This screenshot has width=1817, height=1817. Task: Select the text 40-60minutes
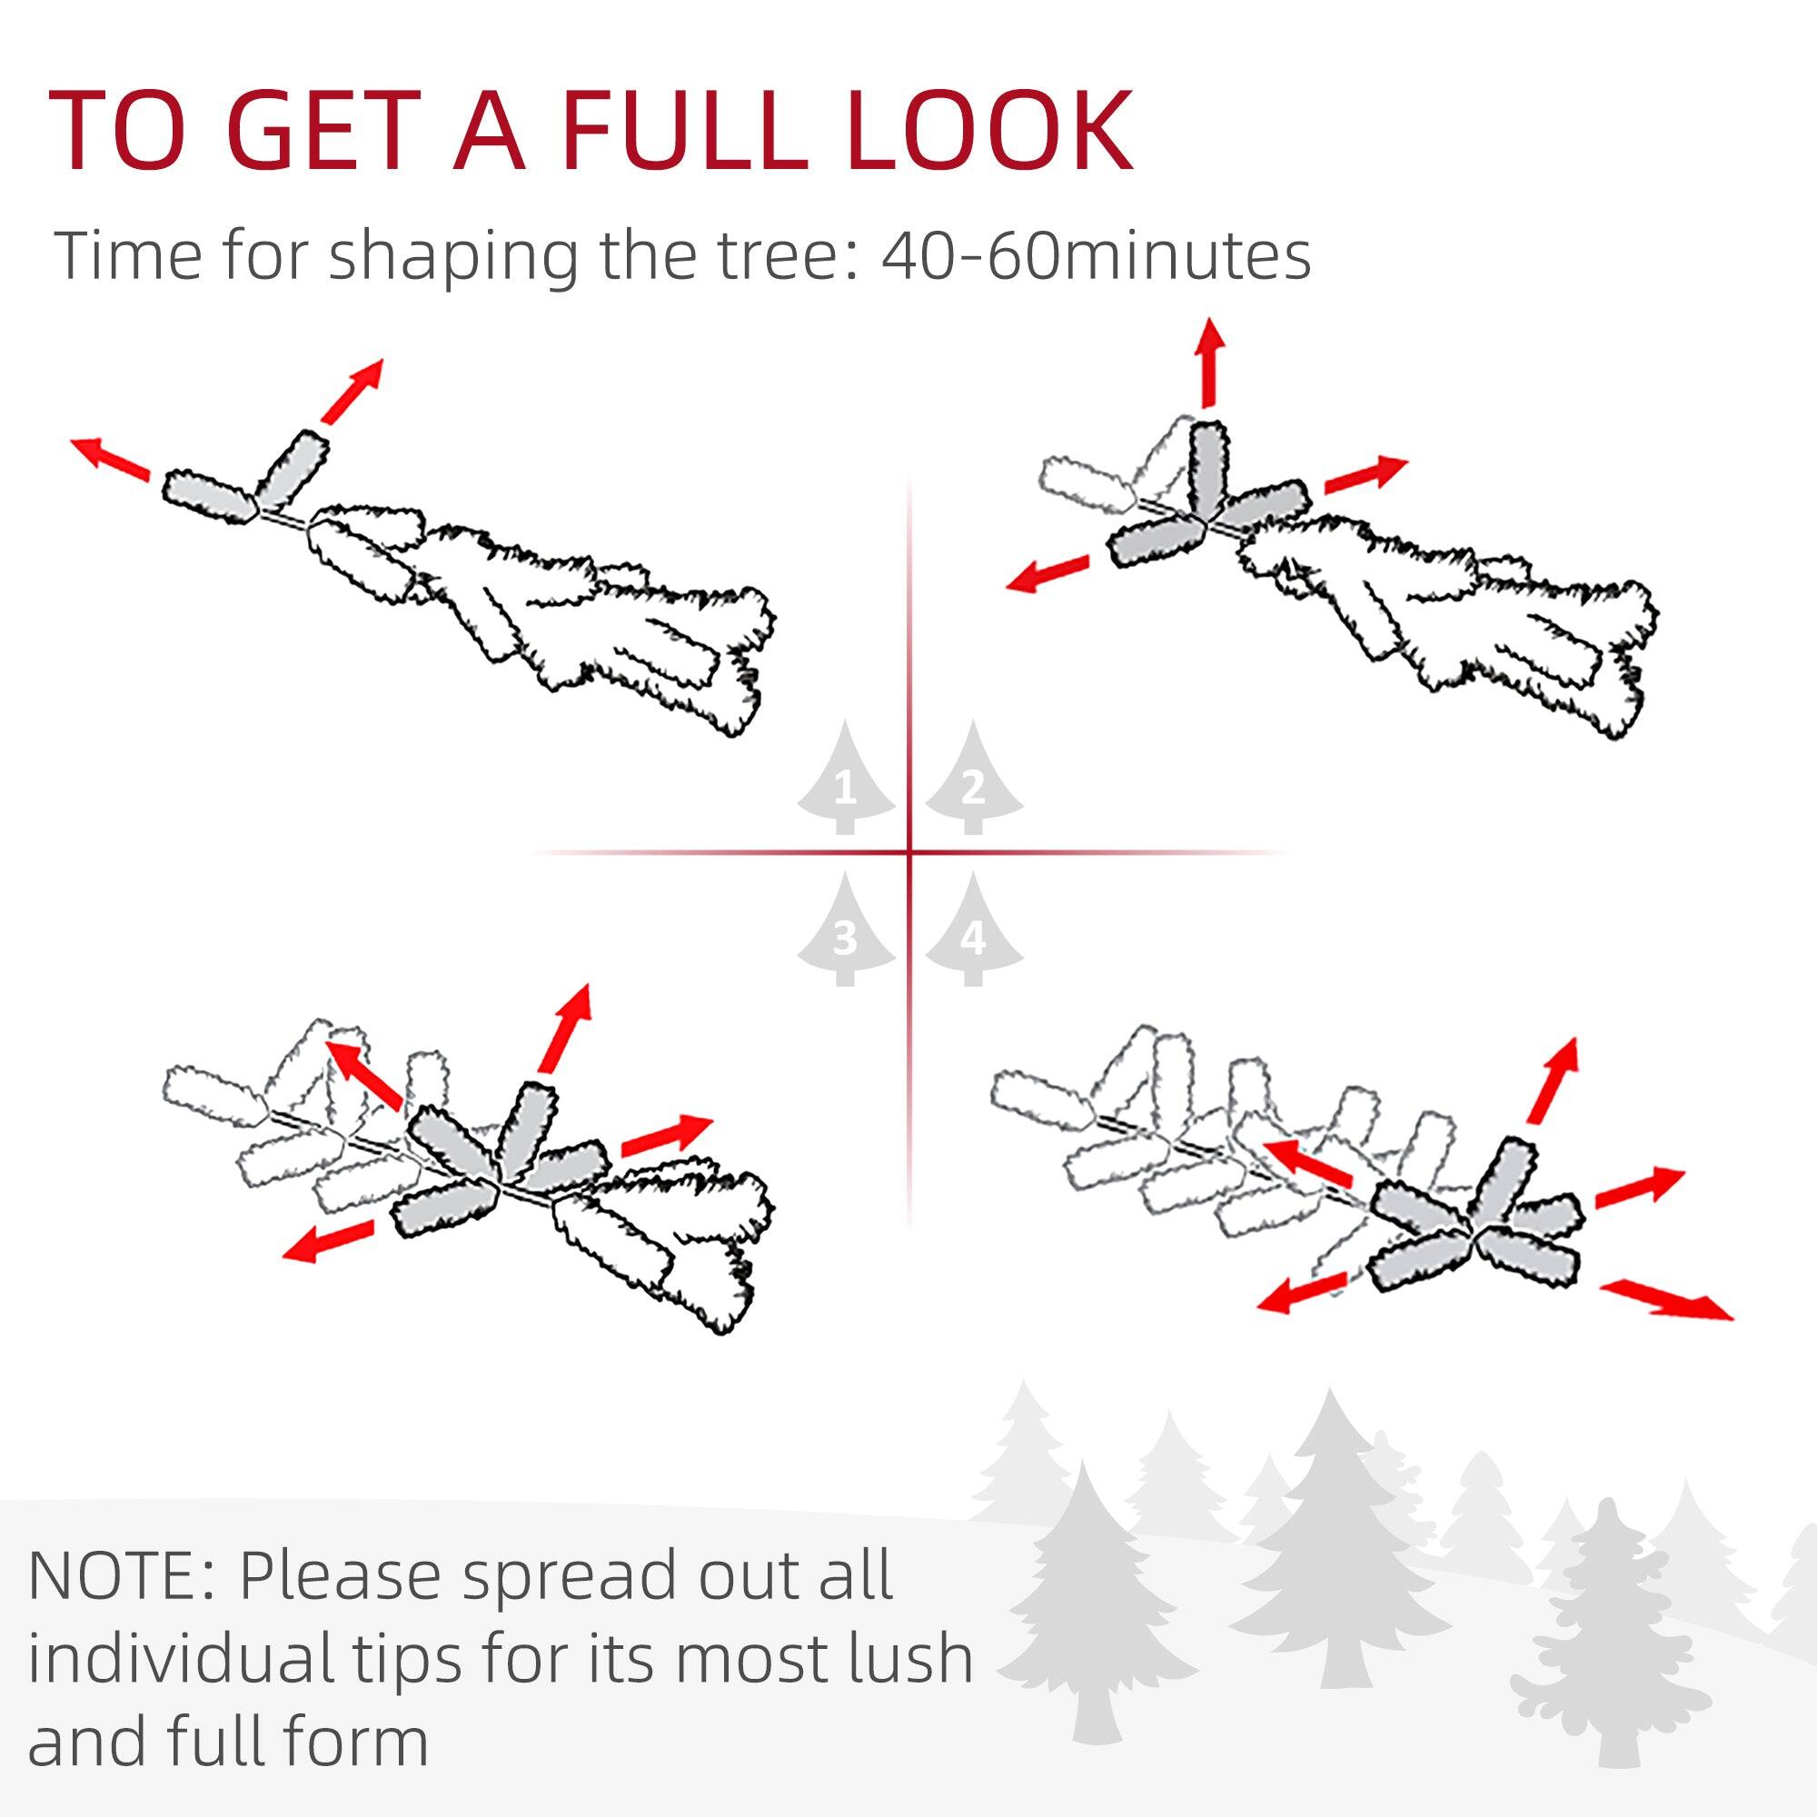1096,256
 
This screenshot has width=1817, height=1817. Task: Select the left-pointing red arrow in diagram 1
111,458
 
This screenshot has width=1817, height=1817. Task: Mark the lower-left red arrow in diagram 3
328,1240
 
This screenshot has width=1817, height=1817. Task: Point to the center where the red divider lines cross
909,853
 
